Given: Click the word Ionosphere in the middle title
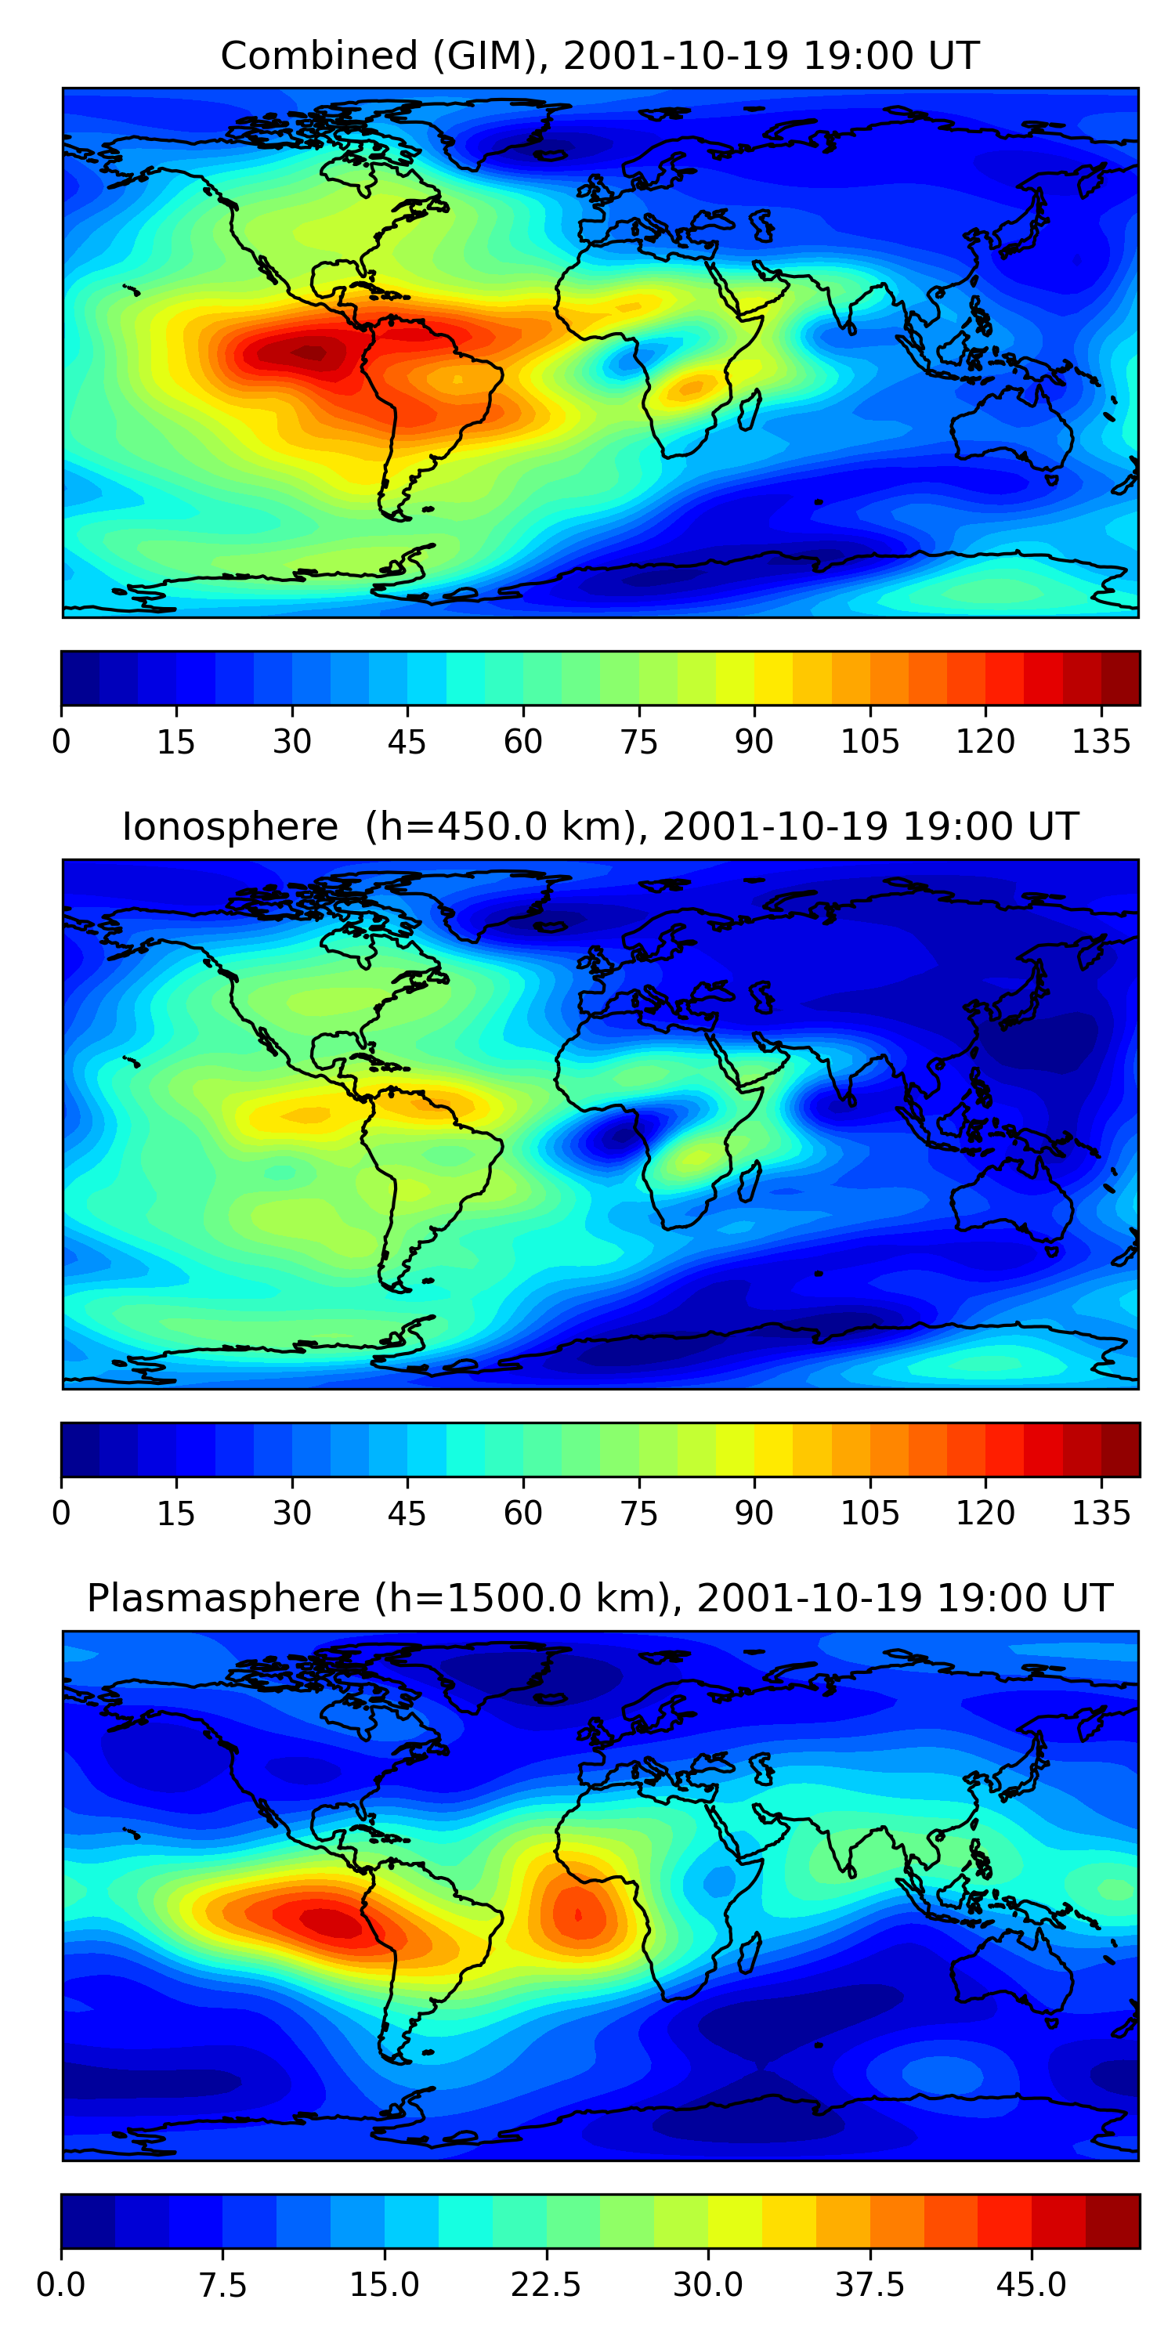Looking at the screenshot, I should tap(230, 826).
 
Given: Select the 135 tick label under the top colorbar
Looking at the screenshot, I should tap(1101, 742).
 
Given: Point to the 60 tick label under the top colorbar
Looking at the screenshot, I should tap(522, 742).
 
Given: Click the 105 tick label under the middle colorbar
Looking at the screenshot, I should tap(869, 1513).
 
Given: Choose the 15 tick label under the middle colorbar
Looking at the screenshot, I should tap(176, 1513).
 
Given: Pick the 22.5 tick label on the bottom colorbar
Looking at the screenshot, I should tap(545, 2284).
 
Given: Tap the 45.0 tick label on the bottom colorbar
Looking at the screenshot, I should tap(1031, 2284).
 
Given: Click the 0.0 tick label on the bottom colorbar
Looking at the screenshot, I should tap(61, 2284).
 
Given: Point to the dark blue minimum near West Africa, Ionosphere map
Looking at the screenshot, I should tap(609, 1138).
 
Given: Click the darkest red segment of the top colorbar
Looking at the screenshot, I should tap(1120, 678).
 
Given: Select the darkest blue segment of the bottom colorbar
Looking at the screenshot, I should tap(88, 2221).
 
